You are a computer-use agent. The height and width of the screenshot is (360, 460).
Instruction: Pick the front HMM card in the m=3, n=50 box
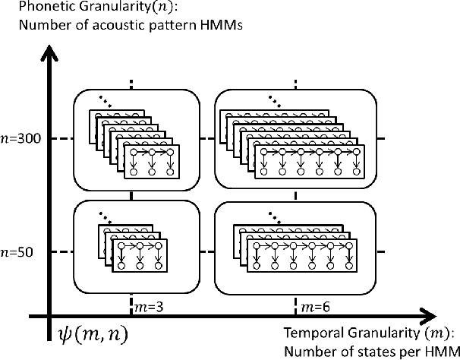coord(139,255)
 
